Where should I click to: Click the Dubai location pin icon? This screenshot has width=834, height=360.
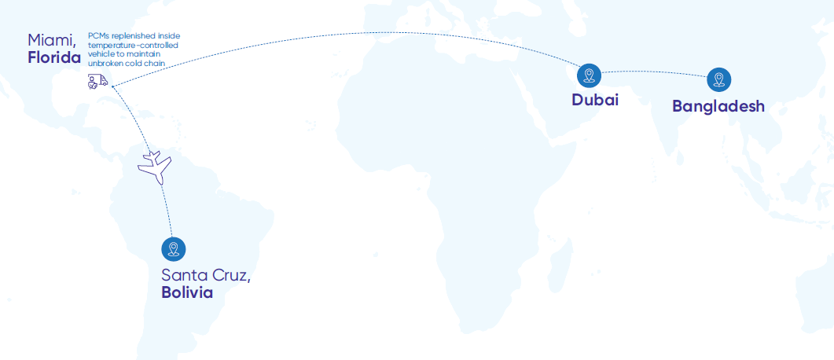pos(589,76)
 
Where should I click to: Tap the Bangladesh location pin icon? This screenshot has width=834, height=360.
pos(718,79)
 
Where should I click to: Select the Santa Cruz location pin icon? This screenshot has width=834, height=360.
pos(173,249)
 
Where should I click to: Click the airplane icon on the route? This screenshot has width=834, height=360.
pos(156,167)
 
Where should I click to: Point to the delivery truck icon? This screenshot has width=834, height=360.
pos(97,82)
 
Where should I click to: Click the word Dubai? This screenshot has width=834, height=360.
pos(595,100)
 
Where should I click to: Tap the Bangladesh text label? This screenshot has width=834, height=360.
pos(718,106)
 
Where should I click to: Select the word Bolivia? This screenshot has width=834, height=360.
pos(187,292)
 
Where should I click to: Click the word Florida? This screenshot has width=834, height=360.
pos(55,58)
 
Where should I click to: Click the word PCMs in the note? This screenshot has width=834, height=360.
pos(98,36)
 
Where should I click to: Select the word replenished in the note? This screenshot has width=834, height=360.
pos(133,36)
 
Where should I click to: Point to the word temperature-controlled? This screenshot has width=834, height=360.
pos(132,45)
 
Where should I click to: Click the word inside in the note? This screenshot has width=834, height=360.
pos(169,36)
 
